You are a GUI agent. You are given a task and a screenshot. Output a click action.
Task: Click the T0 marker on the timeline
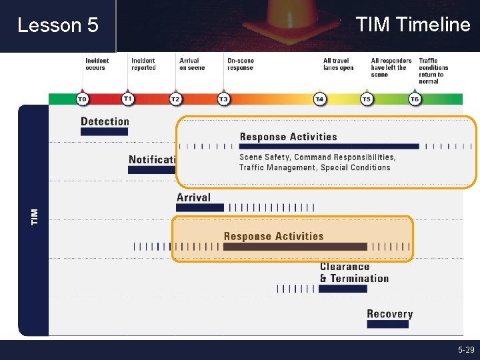click(82, 99)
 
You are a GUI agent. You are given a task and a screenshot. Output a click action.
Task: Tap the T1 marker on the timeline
click(128, 99)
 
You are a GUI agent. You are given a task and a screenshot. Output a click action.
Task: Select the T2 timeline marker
click(175, 99)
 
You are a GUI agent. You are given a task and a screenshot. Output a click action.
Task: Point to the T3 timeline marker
click(223, 99)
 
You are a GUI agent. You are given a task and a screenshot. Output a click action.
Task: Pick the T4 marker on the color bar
click(320, 99)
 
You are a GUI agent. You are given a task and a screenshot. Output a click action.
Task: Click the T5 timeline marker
click(367, 99)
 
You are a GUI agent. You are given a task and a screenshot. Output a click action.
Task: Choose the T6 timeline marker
click(415, 99)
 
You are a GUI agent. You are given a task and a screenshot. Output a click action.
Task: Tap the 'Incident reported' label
click(143, 64)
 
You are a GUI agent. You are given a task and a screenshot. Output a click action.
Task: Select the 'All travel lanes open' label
click(339, 64)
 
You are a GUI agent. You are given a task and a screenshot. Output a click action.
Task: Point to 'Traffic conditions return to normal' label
click(433, 71)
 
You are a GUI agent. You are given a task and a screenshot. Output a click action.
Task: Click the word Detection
click(105, 121)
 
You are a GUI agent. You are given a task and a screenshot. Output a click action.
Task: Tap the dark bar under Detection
click(104, 132)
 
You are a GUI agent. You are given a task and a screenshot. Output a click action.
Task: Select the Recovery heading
click(390, 314)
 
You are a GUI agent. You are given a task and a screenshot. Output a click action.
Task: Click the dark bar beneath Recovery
click(387, 324)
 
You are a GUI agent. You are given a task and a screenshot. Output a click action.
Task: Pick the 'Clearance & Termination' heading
click(353, 273)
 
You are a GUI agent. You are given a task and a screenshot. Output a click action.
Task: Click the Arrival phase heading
click(193, 197)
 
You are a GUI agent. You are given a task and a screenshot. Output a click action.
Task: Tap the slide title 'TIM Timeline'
click(413, 25)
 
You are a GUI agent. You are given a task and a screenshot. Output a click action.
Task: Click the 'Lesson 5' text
click(58, 25)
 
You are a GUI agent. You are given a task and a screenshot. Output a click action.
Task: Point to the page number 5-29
click(466, 350)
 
